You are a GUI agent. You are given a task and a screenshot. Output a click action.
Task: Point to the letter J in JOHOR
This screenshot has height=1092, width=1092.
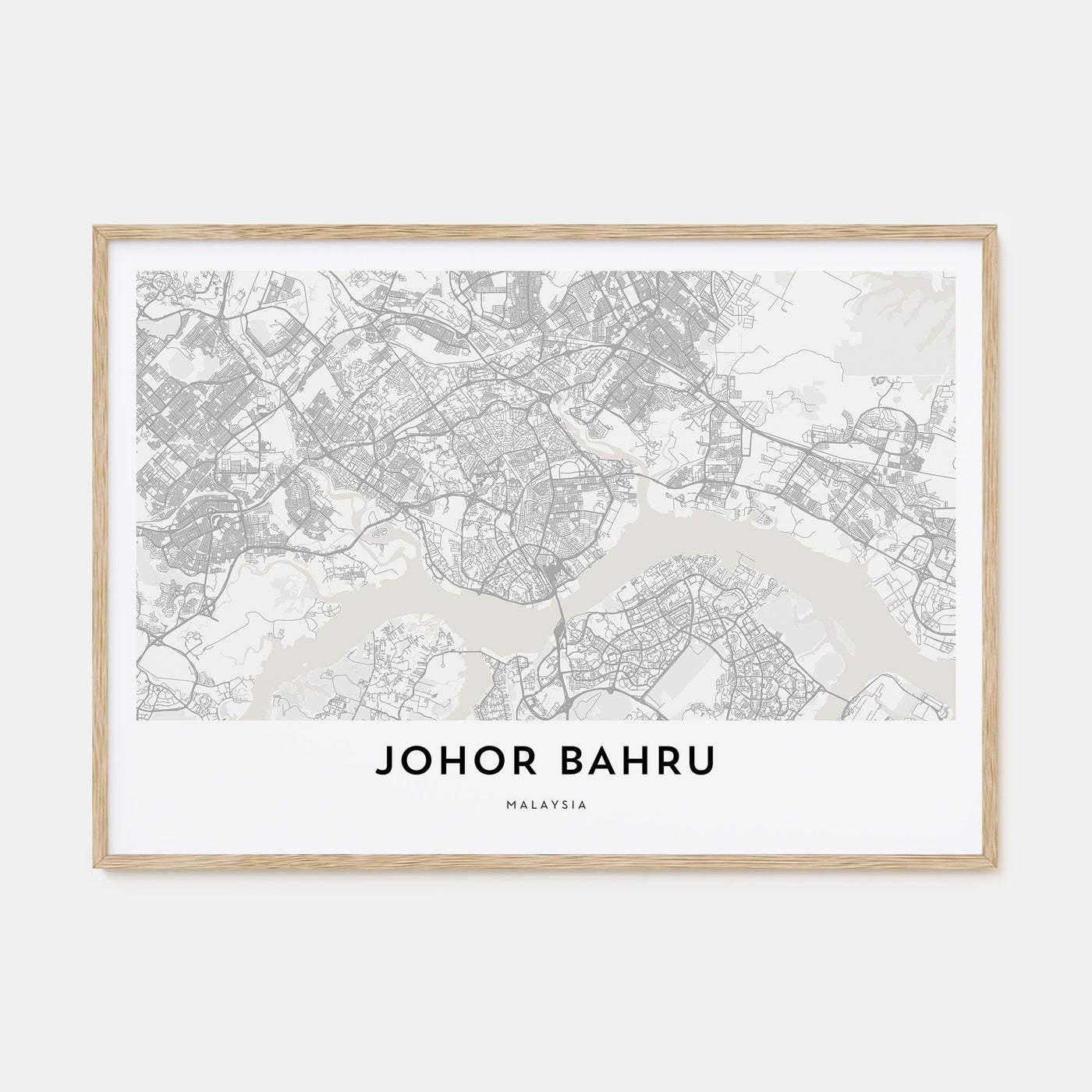pos(384,763)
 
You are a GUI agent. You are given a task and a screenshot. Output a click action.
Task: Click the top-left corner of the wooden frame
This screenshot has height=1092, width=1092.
pos(95,228)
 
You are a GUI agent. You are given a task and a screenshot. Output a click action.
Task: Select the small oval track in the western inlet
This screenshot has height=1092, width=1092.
pos(377,531)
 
